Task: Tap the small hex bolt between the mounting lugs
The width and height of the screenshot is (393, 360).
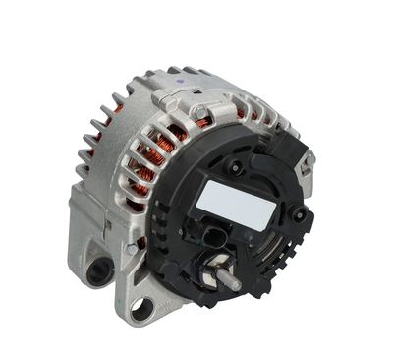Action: [x=131, y=250]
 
